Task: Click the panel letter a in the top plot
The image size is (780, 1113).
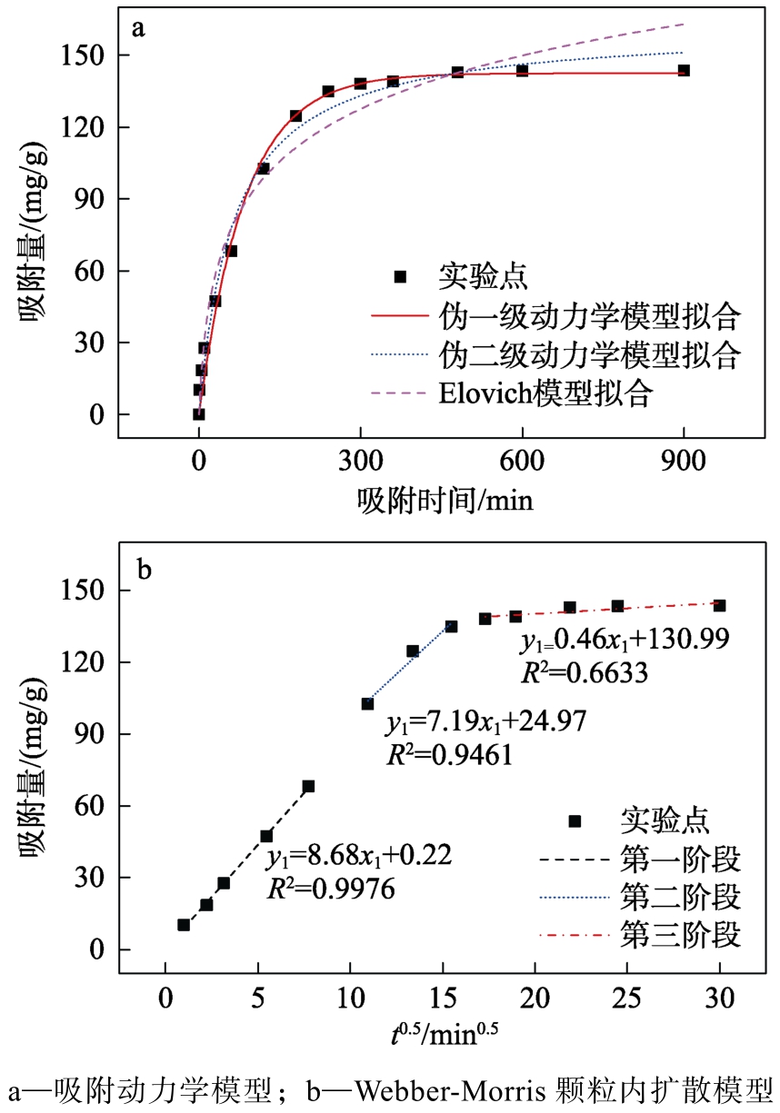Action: (x=138, y=28)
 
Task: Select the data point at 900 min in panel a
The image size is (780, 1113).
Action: (x=683, y=70)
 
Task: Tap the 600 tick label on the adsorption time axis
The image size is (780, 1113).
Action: (x=522, y=462)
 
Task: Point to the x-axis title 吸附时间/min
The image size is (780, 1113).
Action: (x=445, y=499)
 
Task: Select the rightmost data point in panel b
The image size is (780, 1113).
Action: (x=719, y=605)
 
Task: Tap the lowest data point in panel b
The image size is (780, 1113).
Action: (x=184, y=925)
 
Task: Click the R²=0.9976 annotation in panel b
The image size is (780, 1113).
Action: (x=331, y=889)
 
